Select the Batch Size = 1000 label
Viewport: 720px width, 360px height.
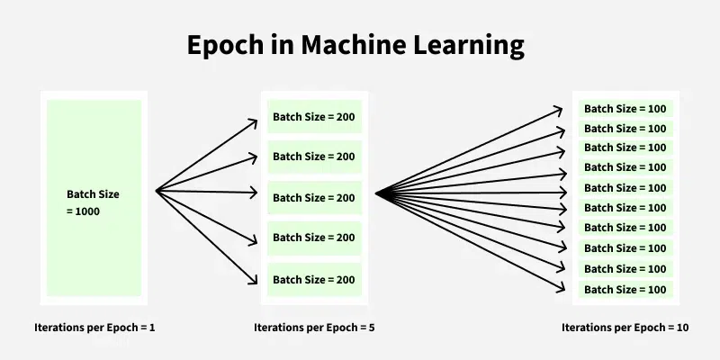point(92,202)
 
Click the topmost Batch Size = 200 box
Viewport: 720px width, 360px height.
point(314,116)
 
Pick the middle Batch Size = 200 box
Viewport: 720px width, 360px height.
point(314,197)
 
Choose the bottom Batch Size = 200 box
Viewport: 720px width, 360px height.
point(314,280)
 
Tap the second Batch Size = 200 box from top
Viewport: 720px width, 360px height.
point(314,157)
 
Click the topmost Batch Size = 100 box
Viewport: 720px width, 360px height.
point(625,109)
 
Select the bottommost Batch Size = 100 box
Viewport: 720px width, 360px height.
point(625,290)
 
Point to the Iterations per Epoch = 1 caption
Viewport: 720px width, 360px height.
point(94,328)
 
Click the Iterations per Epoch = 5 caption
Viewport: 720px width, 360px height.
point(314,328)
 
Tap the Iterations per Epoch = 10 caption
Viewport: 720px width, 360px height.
point(625,328)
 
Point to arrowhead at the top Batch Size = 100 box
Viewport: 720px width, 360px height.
point(568,109)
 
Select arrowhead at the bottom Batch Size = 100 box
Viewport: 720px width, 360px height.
point(568,289)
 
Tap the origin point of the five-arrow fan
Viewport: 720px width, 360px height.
point(157,190)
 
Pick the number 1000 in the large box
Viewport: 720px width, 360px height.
point(86,211)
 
